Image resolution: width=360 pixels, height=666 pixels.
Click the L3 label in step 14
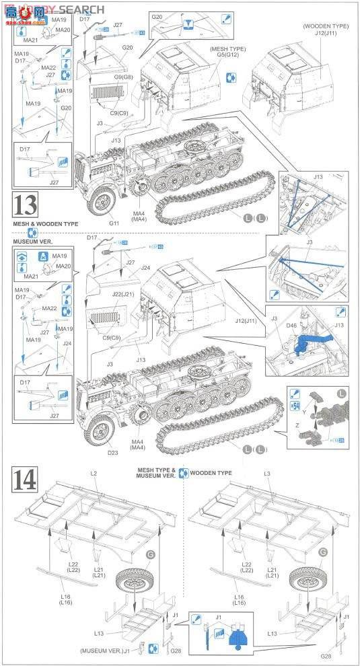click(x=267, y=474)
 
